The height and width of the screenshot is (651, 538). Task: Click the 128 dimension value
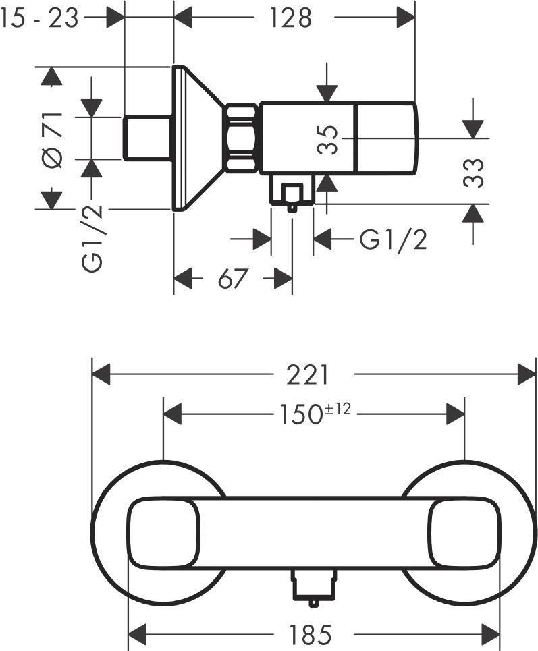pos(290,18)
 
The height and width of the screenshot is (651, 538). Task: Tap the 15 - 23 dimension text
pos(39,18)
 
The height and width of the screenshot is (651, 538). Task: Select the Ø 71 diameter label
pos(53,140)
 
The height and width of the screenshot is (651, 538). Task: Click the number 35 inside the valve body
pos(328,140)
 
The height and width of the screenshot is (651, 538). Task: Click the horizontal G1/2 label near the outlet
pos(393,240)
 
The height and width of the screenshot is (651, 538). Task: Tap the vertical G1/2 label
pos(92,239)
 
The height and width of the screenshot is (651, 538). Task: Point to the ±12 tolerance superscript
pos(337,409)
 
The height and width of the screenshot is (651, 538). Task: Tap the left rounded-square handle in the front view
pos(163,533)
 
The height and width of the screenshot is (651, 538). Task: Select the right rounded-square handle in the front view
pos(464,533)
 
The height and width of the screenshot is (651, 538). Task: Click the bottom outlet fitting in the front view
pos(314,586)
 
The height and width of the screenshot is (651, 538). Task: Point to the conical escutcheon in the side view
pos(198,138)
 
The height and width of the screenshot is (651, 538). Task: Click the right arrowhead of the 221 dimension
pos(527,374)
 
